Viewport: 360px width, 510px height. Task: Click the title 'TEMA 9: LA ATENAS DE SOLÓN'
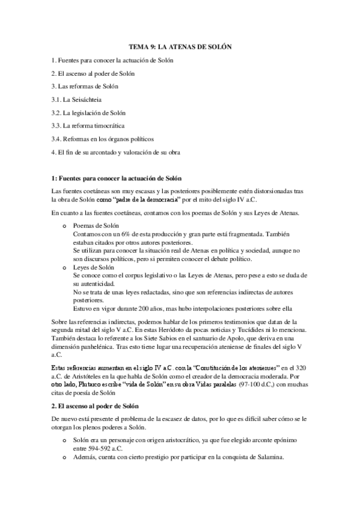click(x=180, y=46)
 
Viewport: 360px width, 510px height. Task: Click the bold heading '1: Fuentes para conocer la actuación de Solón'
click(x=117, y=179)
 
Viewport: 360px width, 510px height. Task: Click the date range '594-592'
click(x=100, y=447)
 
